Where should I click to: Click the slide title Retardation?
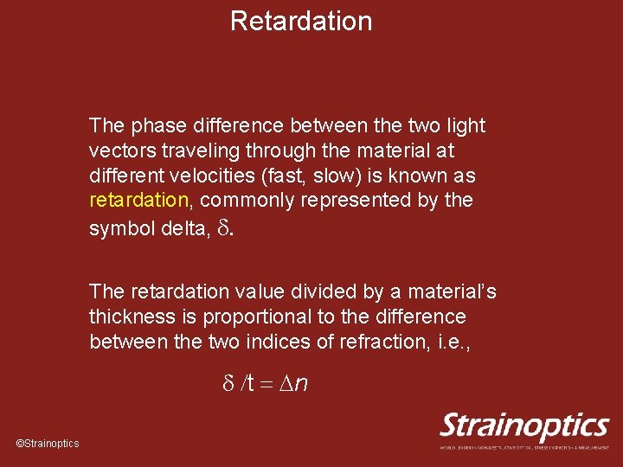pyautogui.click(x=301, y=21)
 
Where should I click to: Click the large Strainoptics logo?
pyautogui.click(x=524, y=427)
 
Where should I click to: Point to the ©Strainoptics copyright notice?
pyautogui.click(x=48, y=444)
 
